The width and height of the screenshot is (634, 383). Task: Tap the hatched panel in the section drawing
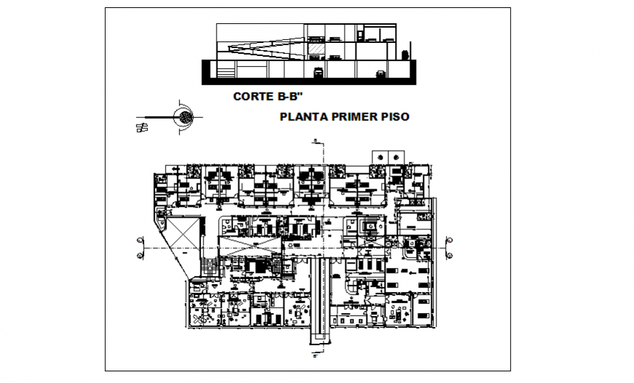tap(317, 47)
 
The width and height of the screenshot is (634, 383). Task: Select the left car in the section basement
tap(318, 72)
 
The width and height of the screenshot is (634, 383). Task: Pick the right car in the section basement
tap(380, 73)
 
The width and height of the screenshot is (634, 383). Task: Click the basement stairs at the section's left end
tap(224, 71)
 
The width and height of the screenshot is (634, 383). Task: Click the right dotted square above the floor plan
tap(396, 156)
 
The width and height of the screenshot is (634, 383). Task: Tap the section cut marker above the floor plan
tap(313, 140)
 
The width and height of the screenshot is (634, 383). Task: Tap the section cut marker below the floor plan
tap(313, 355)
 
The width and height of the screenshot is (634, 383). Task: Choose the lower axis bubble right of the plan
tap(449, 256)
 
